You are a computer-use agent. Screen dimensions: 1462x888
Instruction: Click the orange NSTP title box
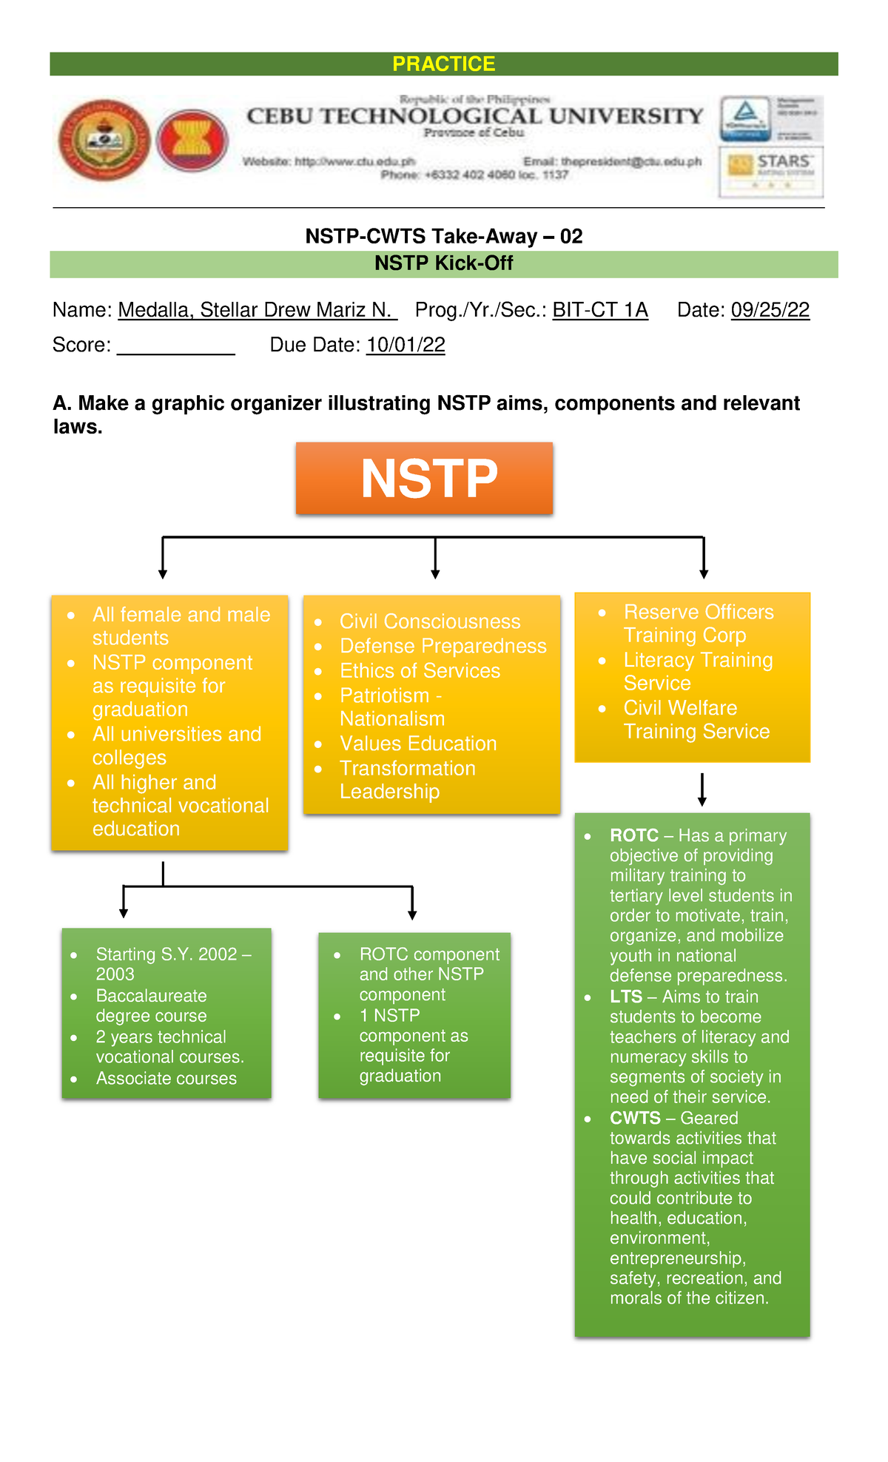pyautogui.click(x=424, y=478)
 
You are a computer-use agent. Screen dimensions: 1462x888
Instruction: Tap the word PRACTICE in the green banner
pyautogui.click(x=443, y=64)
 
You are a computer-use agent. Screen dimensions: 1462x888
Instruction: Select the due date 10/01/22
pyautogui.click(x=406, y=345)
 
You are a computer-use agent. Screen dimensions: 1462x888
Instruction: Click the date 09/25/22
pyautogui.click(x=770, y=310)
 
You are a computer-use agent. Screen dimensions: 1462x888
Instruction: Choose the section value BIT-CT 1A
pyautogui.click(x=600, y=310)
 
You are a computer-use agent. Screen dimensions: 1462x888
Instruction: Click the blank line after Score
pyautogui.click(x=175, y=346)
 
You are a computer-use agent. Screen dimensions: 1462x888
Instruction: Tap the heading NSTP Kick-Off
pyautogui.click(x=443, y=263)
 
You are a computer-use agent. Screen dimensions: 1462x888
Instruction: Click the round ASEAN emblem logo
pyautogui.click(x=192, y=140)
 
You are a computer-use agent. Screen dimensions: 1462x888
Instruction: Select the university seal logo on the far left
pyautogui.click(x=104, y=140)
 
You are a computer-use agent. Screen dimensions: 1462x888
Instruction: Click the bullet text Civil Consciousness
pyautogui.click(x=429, y=621)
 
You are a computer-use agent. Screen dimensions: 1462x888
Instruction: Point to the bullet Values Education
pyautogui.click(x=418, y=744)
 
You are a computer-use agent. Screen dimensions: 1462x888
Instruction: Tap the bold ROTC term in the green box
pyautogui.click(x=634, y=835)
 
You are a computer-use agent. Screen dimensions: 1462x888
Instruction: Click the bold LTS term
pyautogui.click(x=626, y=997)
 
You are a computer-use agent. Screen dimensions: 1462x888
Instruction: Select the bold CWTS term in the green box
pyautogui.click(x=635, y=1118)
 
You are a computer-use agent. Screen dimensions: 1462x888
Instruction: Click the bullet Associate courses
pyautogui.click(x=166, y=1079)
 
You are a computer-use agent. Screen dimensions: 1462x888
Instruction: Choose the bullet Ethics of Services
pyautogui.click(x=420, y=671)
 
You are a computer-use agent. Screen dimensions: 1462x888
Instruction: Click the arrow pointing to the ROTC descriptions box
pyautogui.click(x=702, y=790)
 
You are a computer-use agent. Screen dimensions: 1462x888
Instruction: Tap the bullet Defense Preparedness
pyautogui.click(x=443, y=646)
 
